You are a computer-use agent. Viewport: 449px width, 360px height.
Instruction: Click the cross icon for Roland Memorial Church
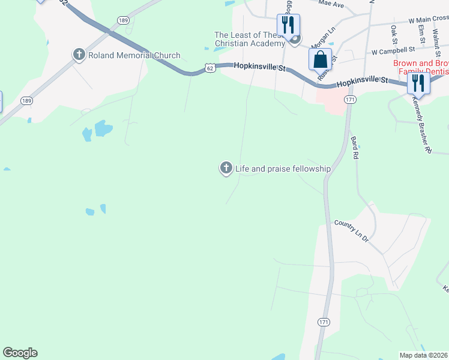coord(79,55)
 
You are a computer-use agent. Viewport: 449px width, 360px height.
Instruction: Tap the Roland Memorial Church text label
coord(134,56)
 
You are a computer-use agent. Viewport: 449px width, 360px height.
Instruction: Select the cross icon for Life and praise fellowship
coord(226,169)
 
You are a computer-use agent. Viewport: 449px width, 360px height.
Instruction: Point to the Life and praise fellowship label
coord(283,169)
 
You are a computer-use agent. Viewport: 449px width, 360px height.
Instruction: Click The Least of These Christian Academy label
coord(250,39)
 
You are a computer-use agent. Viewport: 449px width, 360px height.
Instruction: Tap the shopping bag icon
coord(320,60)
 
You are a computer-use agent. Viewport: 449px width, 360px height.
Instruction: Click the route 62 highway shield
coord(209,68)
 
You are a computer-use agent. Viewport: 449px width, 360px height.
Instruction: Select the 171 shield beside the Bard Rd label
coord(351,98)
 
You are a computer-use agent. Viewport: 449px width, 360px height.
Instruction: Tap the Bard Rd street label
coord(355,147)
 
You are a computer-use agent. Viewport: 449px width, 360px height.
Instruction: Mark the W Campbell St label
coord(393,50)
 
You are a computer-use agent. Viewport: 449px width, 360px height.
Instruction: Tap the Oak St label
coord(394,34)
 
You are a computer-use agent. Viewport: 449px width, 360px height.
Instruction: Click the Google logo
coord(20,353)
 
